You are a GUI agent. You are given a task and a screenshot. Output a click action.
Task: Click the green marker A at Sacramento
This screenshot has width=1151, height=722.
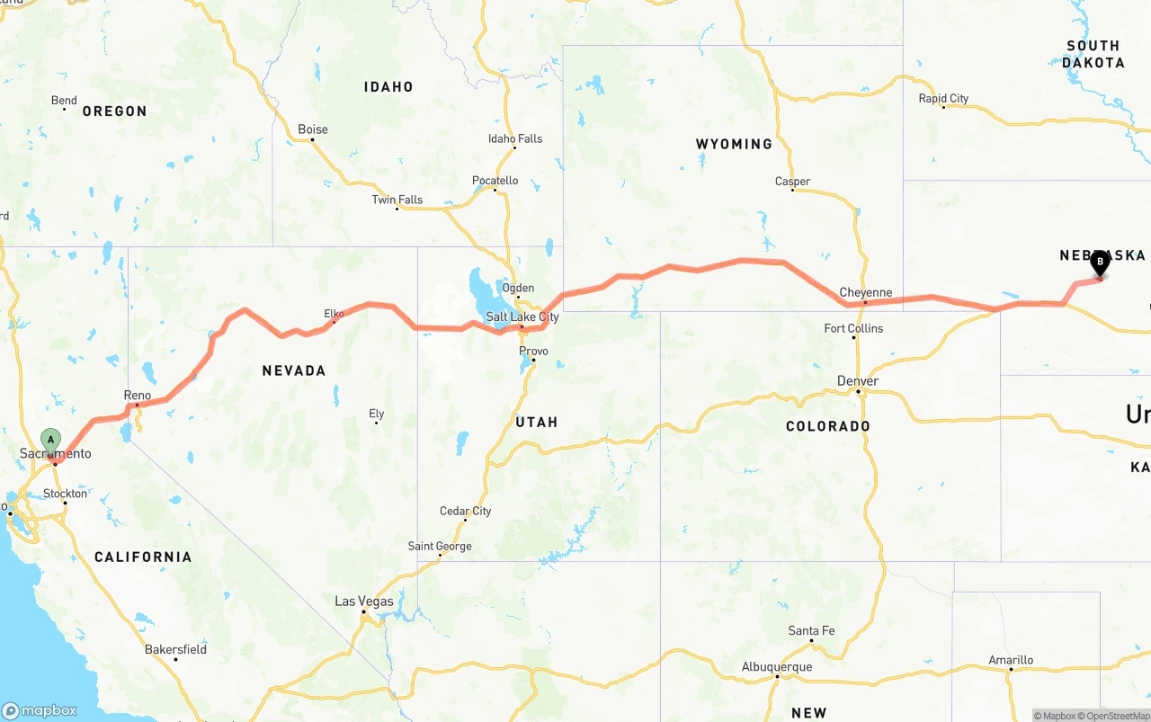point(50,441)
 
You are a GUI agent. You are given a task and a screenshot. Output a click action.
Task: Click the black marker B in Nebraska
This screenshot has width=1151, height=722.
point(1099,263)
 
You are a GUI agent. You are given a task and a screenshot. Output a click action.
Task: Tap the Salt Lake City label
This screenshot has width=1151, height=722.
point(522,317)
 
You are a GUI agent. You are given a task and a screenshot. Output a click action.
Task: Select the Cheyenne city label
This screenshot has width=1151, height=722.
point(865,293)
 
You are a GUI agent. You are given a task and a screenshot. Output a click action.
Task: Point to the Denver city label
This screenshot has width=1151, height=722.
point(858,381)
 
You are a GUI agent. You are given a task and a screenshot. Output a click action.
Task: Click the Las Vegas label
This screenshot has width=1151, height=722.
point(364,602)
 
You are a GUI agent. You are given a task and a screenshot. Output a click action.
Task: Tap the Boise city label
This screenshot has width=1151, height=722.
point(313,129)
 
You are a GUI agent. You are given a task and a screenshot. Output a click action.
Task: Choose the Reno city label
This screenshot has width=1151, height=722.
point(138,396)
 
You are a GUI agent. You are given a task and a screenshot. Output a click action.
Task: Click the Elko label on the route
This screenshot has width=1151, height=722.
point(334,314)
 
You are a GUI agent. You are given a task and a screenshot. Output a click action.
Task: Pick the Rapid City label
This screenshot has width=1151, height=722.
point(943,99)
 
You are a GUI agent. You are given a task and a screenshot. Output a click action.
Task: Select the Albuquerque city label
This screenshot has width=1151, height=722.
point(777,667)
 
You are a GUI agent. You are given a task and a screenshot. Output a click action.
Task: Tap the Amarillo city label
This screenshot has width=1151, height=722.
point(1011,660)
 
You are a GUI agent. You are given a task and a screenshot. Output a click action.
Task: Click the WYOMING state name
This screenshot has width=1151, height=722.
point(734,144)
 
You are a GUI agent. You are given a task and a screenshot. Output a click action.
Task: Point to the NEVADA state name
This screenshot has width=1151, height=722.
point(293,370)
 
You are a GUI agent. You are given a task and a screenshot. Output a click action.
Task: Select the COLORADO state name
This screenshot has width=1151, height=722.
point(827,426)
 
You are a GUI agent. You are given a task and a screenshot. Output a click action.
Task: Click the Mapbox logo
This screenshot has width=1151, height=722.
point(40,710)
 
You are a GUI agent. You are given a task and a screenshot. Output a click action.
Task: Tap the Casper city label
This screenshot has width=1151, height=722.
point(792,182)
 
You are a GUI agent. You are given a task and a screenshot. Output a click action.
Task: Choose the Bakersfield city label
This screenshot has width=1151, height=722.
point(176,649)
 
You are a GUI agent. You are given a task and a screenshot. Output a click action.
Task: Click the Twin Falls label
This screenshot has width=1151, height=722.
point(397,200)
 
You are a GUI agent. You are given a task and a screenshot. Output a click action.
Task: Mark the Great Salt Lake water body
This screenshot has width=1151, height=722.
point(482,286)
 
